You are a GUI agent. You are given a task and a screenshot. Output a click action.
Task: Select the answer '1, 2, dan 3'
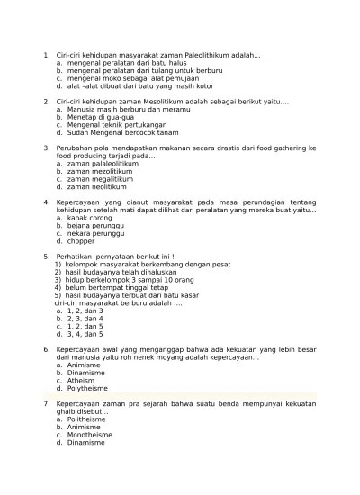[85, 310]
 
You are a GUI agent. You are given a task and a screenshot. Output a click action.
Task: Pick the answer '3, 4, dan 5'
[85, 333]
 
